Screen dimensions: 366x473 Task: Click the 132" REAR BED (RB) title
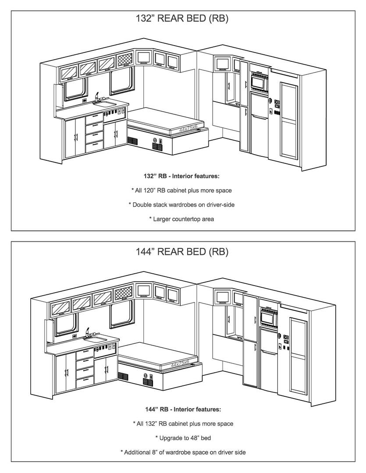click(x=182, y=18)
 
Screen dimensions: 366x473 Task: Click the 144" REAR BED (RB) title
click(x=182, y=251)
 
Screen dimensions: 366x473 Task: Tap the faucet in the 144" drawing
click(x=88, y=332)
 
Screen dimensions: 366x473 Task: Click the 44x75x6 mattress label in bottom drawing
click(x=180, y=364)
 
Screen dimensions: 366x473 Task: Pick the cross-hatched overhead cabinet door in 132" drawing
click(x=125, y=60)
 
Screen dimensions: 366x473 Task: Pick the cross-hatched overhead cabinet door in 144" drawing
click(x=123, y=293)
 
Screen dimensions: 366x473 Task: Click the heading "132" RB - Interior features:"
click(x=181, y=176)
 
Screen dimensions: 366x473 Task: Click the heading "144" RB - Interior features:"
click(x=183, y=409)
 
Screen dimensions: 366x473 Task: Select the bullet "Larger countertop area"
click(x=181, y=219)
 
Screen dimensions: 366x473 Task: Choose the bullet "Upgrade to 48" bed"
click(x=183, y=438)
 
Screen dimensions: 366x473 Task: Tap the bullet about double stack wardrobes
click(x=181, y=205)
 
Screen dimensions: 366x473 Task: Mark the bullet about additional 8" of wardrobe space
click(x=183, y=452)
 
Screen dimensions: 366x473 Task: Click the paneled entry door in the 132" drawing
click(x=289, y=120)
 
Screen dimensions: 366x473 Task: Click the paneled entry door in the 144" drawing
click(x=298, y=356)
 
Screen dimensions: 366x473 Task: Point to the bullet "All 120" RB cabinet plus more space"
click(x=181, y=191)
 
